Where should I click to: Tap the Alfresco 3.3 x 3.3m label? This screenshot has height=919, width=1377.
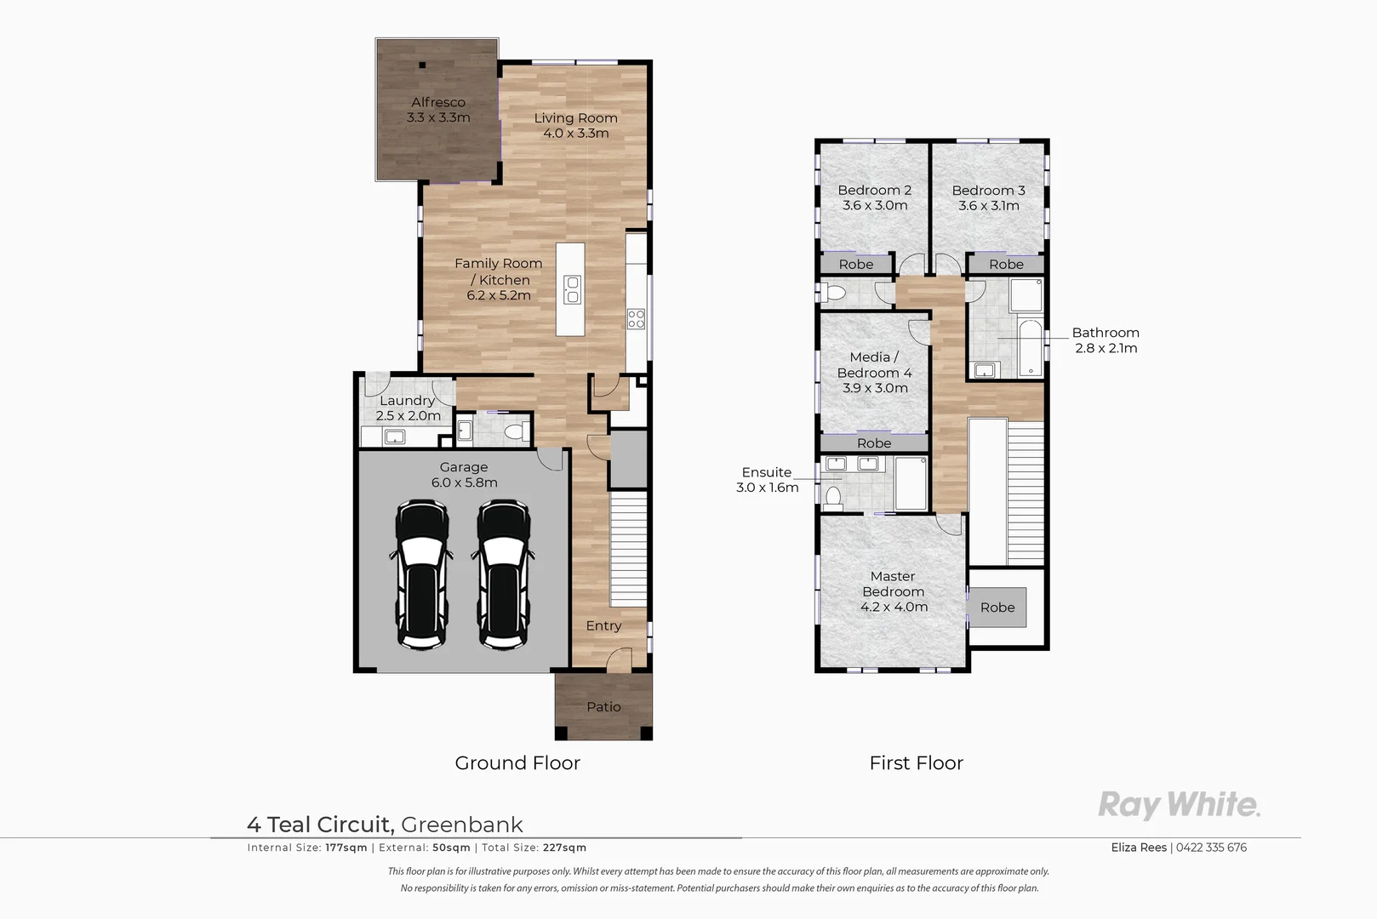pyautogui.click(x=438, y=110)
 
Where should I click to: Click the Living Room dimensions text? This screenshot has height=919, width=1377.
pyautogui.click(x=576, y=134)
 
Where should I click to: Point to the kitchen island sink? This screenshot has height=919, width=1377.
pyautogui.click(x=572, y=289)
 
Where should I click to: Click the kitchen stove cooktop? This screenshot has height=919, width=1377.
pyautogui.click(x=637, y=319)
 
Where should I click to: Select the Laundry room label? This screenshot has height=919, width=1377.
pyautogui.click(x=407, y=401)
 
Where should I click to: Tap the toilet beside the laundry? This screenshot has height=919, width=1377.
pyautogui.click(x=514, y=432)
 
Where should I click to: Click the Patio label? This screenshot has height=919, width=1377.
pyautogui.click(x=603, y=706)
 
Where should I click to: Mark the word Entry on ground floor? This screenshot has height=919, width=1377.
pyautogui.click(x=603, y=625)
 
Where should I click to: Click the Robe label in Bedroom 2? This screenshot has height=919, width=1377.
pyautogui.click(x=856, y=265)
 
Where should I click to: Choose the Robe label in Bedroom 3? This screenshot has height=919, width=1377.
pyautogui.click(x=1006, y=265)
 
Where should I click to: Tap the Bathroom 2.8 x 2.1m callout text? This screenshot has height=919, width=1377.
pyautogui.click(x=1105, y=340)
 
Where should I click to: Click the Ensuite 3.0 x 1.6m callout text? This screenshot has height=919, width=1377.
pyautogui.click(x=767, y=480)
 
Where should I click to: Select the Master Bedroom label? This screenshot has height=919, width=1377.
pyautogui.click(x=893, y=584)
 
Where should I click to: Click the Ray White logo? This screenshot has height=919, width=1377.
pyautogui.click(x=1179, y=804)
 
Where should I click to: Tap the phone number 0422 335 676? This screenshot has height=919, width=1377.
pyautogui.click(x=1211, y=848)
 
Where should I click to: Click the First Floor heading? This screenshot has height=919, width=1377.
pyautogui.click(x=916, y=763)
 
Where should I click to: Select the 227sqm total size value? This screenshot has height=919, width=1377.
pyautogui.click(x=565, y=848)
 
